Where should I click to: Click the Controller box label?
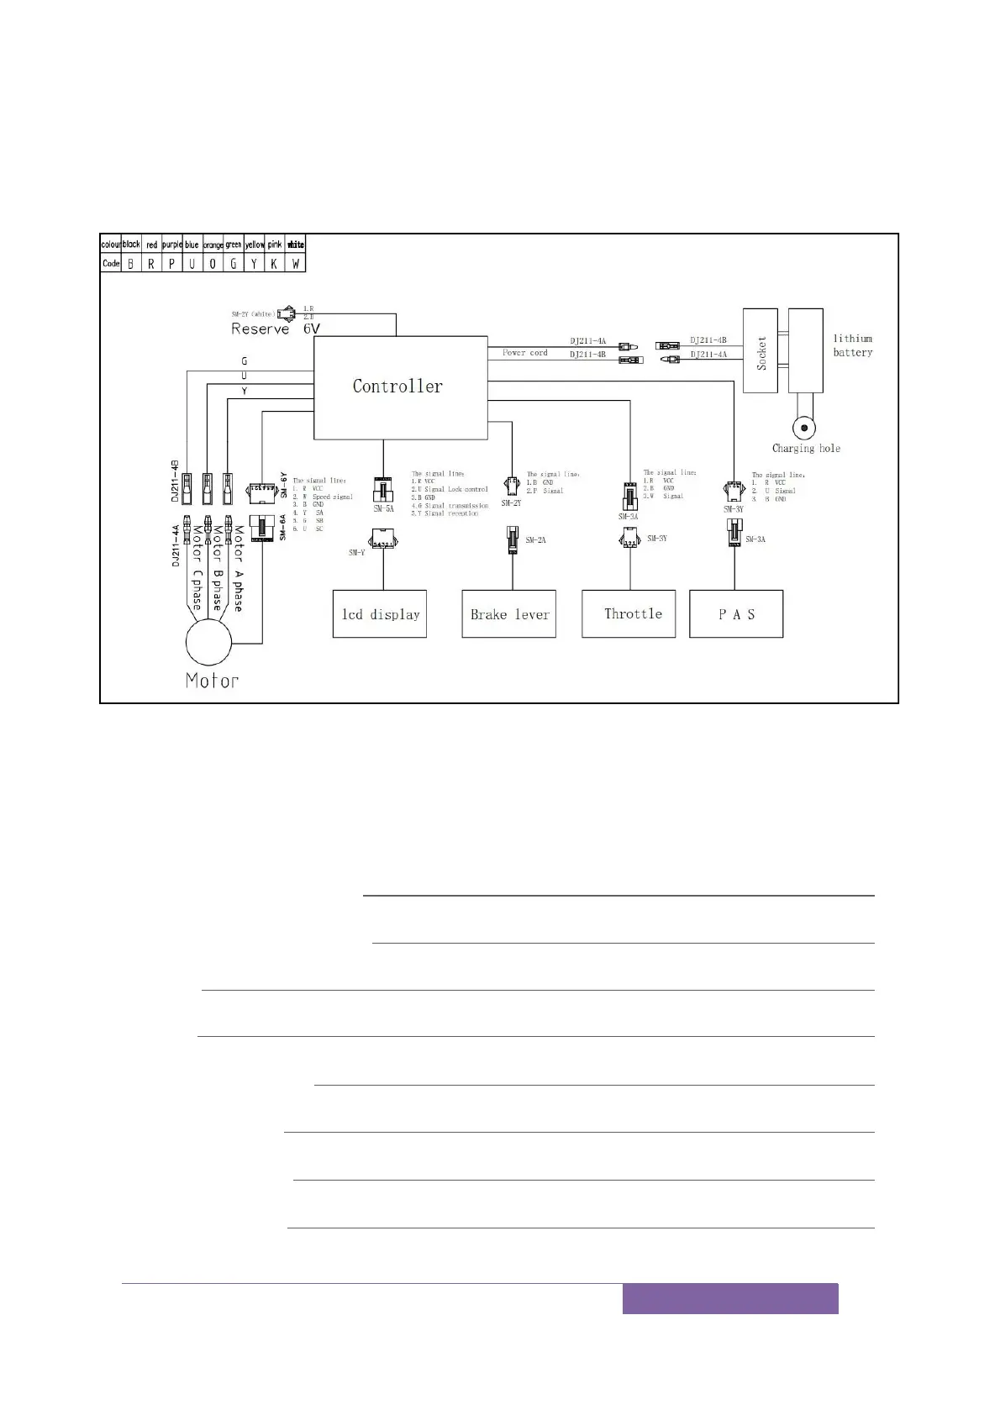pos(397,387)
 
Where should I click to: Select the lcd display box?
pos(380,614)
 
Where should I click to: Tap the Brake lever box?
pos(509,614)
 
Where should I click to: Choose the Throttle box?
pos(629,614)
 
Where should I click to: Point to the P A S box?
pos(736,614)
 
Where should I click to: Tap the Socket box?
pos(762,350)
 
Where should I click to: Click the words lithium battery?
pos(853,345)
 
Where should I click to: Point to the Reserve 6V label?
pos(276,329)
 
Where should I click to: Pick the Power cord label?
pos(525,353)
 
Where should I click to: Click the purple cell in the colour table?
pos(171,245)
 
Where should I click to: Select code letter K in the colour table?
pos(275,263)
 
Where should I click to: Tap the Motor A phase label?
pos(238,569)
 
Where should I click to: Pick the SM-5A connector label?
pos(383,508)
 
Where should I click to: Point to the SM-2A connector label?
pos(535,539)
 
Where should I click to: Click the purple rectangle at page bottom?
pos(730,1298)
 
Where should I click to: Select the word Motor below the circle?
pos(212,681)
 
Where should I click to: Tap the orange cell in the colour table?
pos(213,245)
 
